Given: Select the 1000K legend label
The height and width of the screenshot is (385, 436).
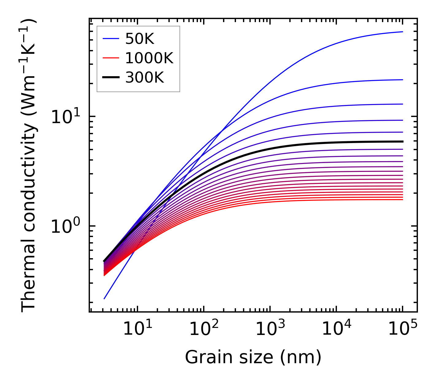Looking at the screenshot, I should click(x=149, y=58).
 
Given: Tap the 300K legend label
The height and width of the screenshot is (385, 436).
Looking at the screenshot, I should click(x=145, y=78).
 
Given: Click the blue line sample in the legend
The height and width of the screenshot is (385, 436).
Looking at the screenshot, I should click(x=110, y=39).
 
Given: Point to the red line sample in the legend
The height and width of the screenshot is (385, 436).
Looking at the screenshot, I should click(x=110, y=58).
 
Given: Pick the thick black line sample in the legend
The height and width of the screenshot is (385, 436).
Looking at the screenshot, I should click(x=110, y=78).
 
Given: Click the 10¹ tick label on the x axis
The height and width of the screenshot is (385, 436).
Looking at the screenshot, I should click(x=137, y=330).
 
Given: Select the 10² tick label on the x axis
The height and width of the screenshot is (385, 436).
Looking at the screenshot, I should click(x=204, y=330).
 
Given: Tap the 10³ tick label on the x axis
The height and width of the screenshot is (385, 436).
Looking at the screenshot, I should click(x=270, y=330).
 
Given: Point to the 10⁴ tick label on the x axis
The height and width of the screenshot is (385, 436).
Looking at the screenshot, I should click(x=336, y=330).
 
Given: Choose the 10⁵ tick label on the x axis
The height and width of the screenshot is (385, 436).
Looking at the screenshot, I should click(x=403, y=330).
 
